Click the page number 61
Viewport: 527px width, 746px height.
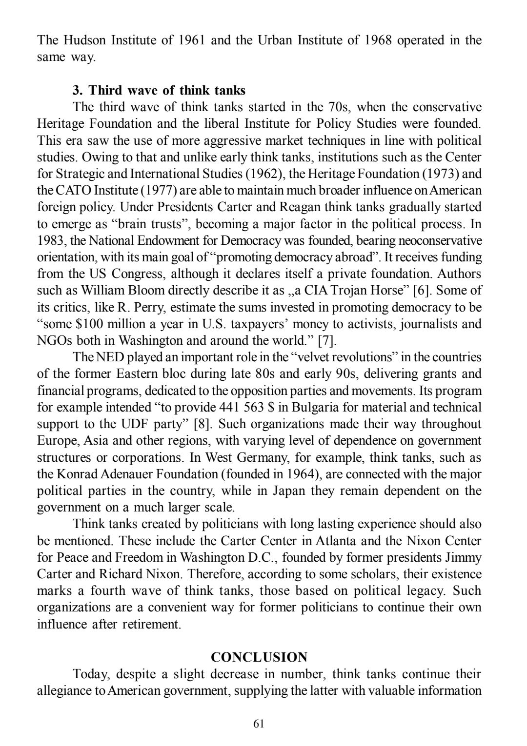pos(259,724)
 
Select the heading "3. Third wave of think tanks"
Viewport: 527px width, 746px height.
pos(159,90)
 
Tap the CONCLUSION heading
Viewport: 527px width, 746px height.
pos(259,657)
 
